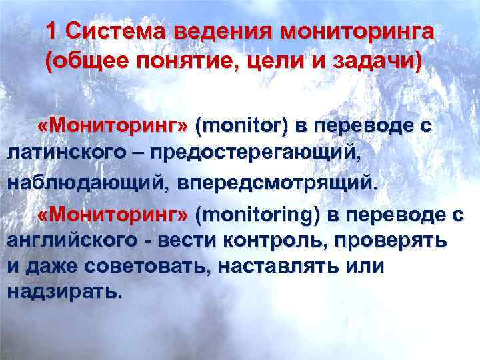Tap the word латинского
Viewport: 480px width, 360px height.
(x=70, y=153)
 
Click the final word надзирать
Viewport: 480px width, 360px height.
(x=64, y=291)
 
